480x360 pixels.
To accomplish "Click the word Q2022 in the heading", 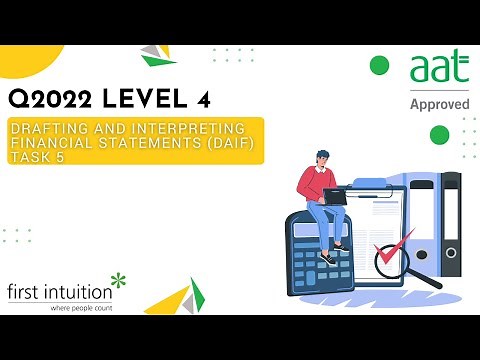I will pos(50,100).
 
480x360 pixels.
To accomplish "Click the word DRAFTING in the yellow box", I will pos(47,130).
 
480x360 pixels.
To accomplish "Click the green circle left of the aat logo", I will pos(379,66).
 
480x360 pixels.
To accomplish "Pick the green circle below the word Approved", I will pos(439,134).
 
